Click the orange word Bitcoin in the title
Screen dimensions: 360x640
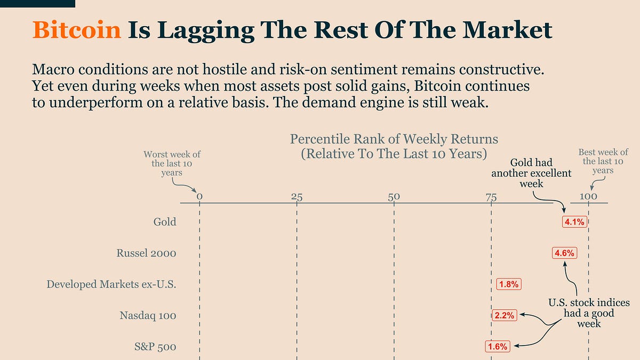[77, 30]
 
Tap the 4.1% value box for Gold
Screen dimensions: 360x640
[574, 222]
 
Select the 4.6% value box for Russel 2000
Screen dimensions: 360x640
[564, 253]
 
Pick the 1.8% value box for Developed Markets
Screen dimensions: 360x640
[508, 284]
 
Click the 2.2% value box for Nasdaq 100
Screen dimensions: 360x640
[504, 315]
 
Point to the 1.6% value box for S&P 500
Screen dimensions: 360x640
[497, 347]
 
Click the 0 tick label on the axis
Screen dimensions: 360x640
[199, 196]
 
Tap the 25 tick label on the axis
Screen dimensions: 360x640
[297, 196]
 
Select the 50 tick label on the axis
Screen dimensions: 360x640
[394, 196]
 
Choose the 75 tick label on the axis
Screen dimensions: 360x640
[491, 196]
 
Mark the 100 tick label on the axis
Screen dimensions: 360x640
[588, 196]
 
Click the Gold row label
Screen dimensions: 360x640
[165, 222]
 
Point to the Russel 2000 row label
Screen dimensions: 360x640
[146, 253]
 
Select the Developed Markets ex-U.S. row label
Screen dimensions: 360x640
[111, 284]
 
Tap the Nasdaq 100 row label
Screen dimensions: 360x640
[148, 316]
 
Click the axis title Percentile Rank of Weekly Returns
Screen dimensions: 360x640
[394, 140]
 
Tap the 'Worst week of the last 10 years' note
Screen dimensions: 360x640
[172, 163]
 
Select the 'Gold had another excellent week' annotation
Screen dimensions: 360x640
[531, 173]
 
